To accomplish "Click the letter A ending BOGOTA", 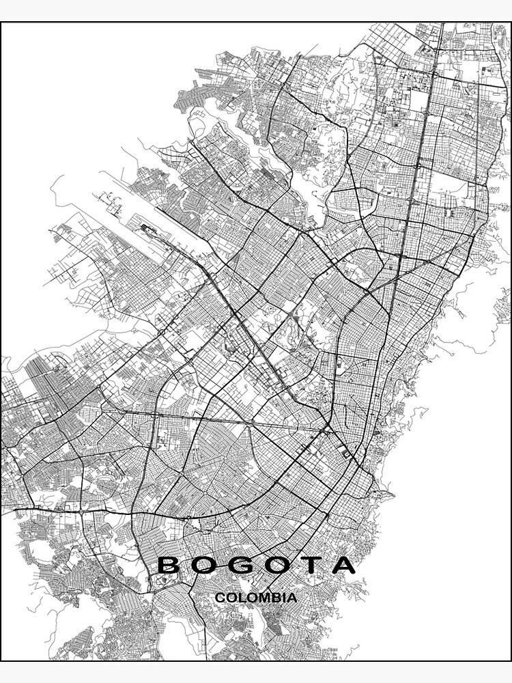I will [x=344, y=565].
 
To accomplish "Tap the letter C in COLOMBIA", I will [x=220, y=598].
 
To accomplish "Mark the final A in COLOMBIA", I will [x=291, y=598].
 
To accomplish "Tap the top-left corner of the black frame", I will [x=1, y=23].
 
